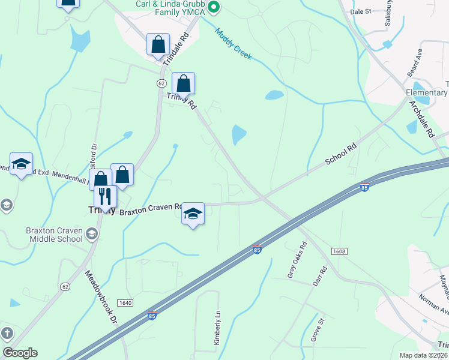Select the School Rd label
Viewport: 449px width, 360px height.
[x=341, y=154]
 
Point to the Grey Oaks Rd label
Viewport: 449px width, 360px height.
[x=297, y=259]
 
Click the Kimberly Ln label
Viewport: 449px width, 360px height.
[x=218, y=327]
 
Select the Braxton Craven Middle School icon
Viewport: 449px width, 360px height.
[x=92, y=233]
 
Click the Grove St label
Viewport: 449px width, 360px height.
[x=317, y=334]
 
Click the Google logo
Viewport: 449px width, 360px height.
[x=20, y=353]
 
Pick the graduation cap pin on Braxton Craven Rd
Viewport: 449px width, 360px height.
[x=193, y=213]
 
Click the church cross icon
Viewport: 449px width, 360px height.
[x=6, y=333]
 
